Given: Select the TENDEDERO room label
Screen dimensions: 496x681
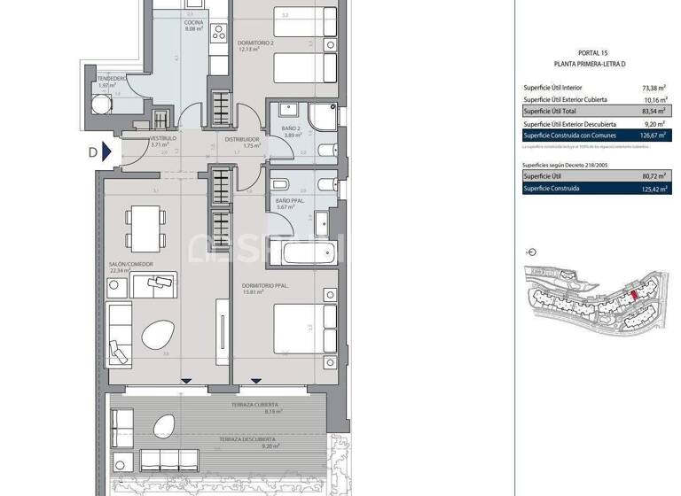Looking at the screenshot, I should pyautogui.click(x=113, y=79).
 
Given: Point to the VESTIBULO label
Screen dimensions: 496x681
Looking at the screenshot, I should pyautogui.click(x=163, y=140).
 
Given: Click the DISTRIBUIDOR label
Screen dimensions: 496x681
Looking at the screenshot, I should pyautogui.click(x=241, y=140).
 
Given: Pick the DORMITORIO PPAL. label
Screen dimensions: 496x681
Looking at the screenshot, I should pyautogui.click(x=263, y=286).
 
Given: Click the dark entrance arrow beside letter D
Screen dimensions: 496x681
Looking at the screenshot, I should pyautogui.click(x=107, y=151).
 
